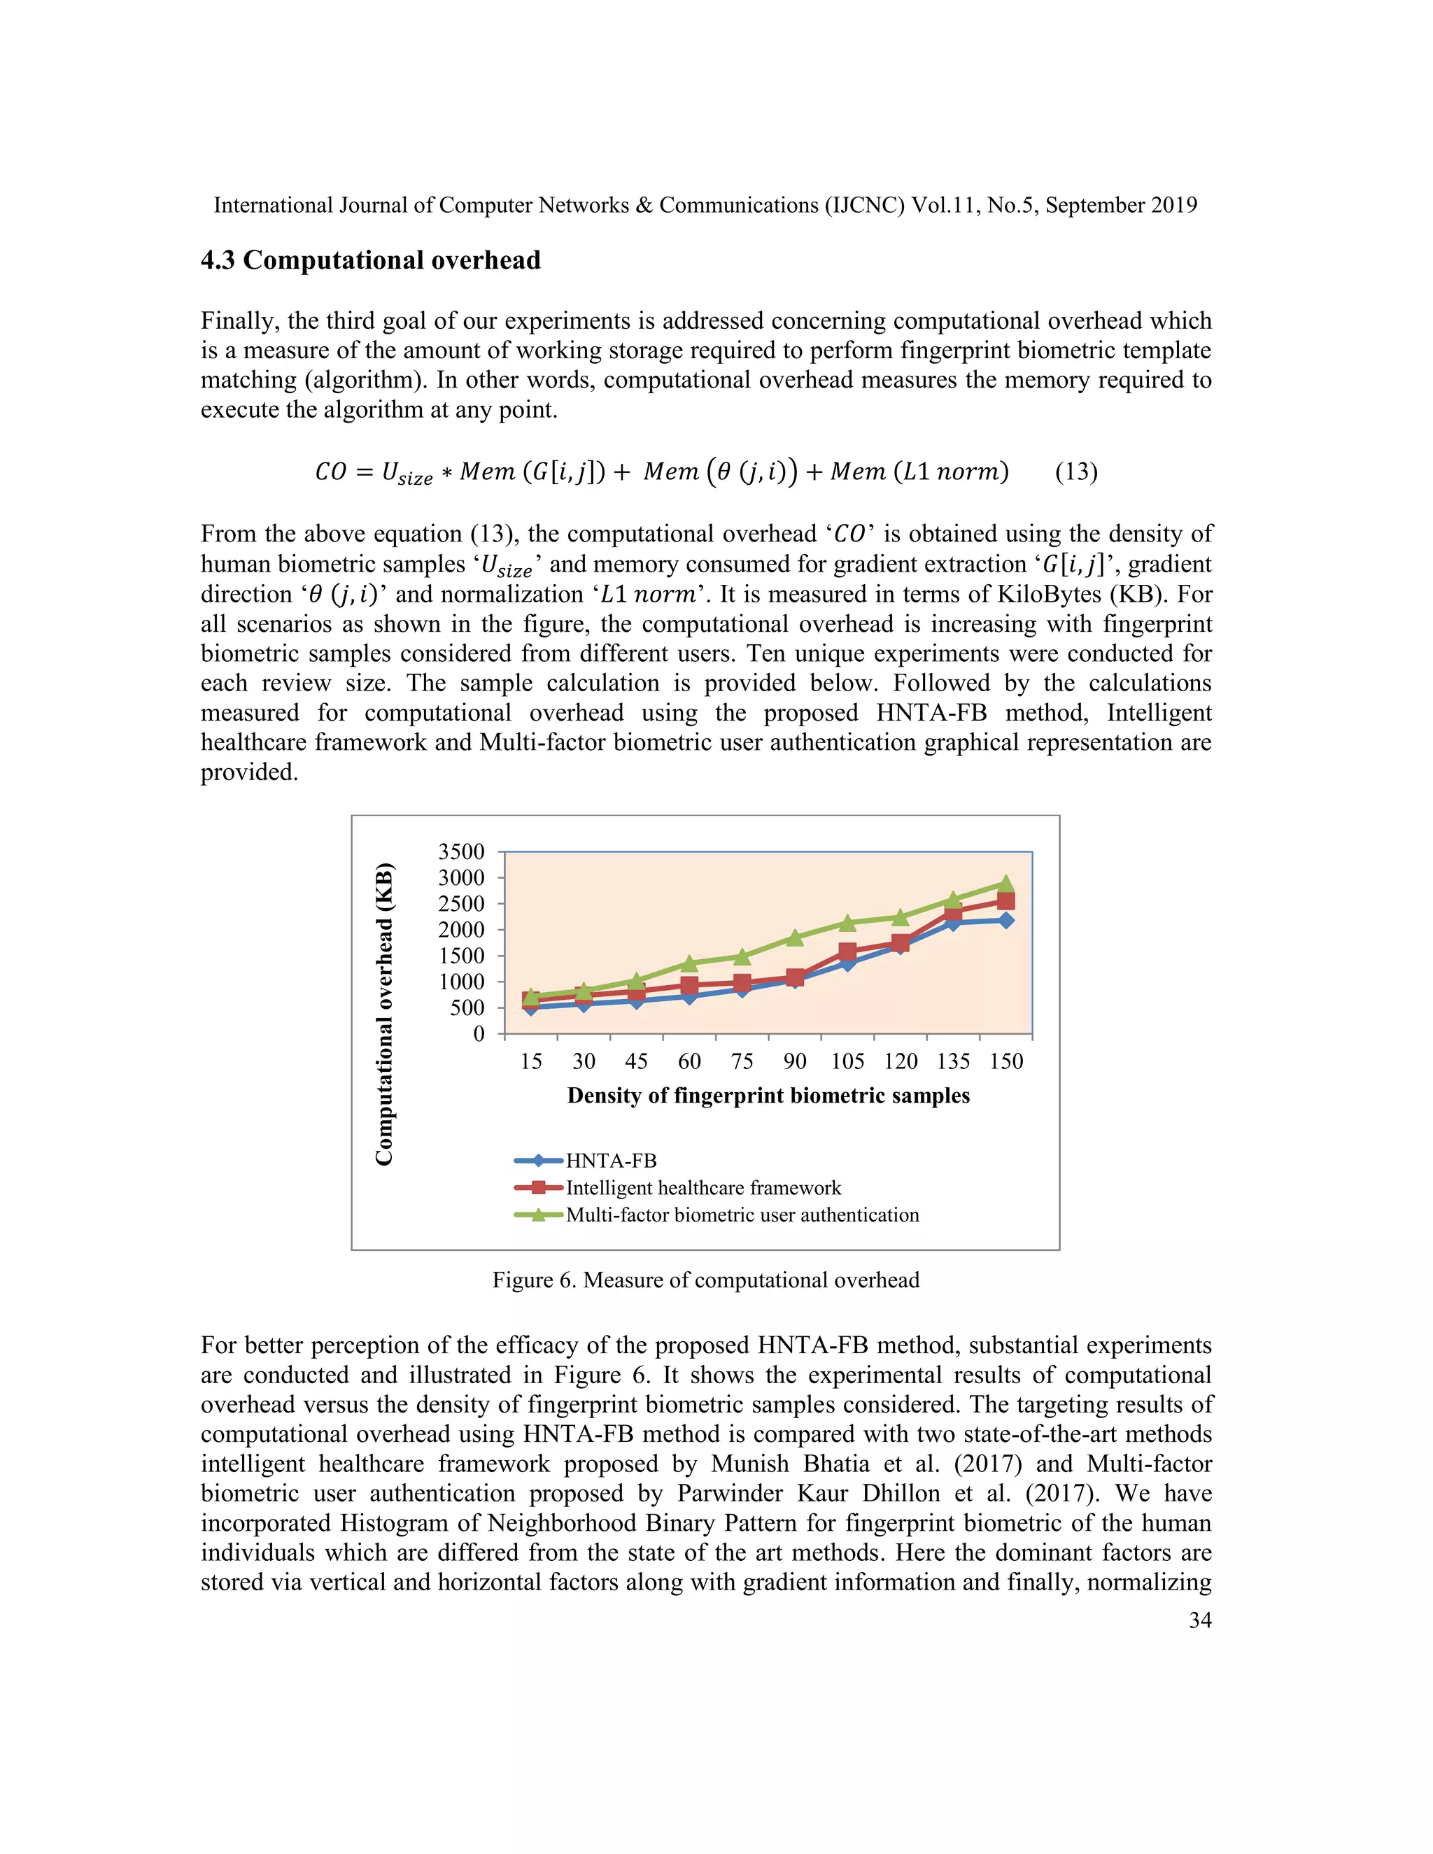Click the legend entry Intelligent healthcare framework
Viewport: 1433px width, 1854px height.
click(703, 1188)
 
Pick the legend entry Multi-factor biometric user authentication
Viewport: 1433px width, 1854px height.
click(742, 1215)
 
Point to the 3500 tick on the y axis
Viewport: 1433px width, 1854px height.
click(461, 851)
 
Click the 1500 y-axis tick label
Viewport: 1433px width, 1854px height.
click(461, 956)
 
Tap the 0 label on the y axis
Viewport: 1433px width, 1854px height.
click(479, 1034)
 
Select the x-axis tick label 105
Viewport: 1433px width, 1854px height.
click(847, 1061)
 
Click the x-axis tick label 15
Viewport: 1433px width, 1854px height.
click(532, 1061)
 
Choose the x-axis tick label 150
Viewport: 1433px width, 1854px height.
click(1006, 1061)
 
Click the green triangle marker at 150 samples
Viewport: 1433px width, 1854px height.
click(1006, 884)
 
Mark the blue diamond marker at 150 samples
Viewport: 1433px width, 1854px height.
click(1006, 920)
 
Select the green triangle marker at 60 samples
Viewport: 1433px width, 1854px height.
click(689, 963)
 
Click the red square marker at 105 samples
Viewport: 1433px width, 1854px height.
click(847, 951)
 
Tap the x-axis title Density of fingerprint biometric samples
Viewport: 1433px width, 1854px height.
click(768, 1095)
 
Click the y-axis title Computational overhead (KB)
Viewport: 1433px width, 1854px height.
click(385, 1014)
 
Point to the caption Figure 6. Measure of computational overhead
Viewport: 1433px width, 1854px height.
click(705, 1280)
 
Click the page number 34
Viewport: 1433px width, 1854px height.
click(1199, 1620)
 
